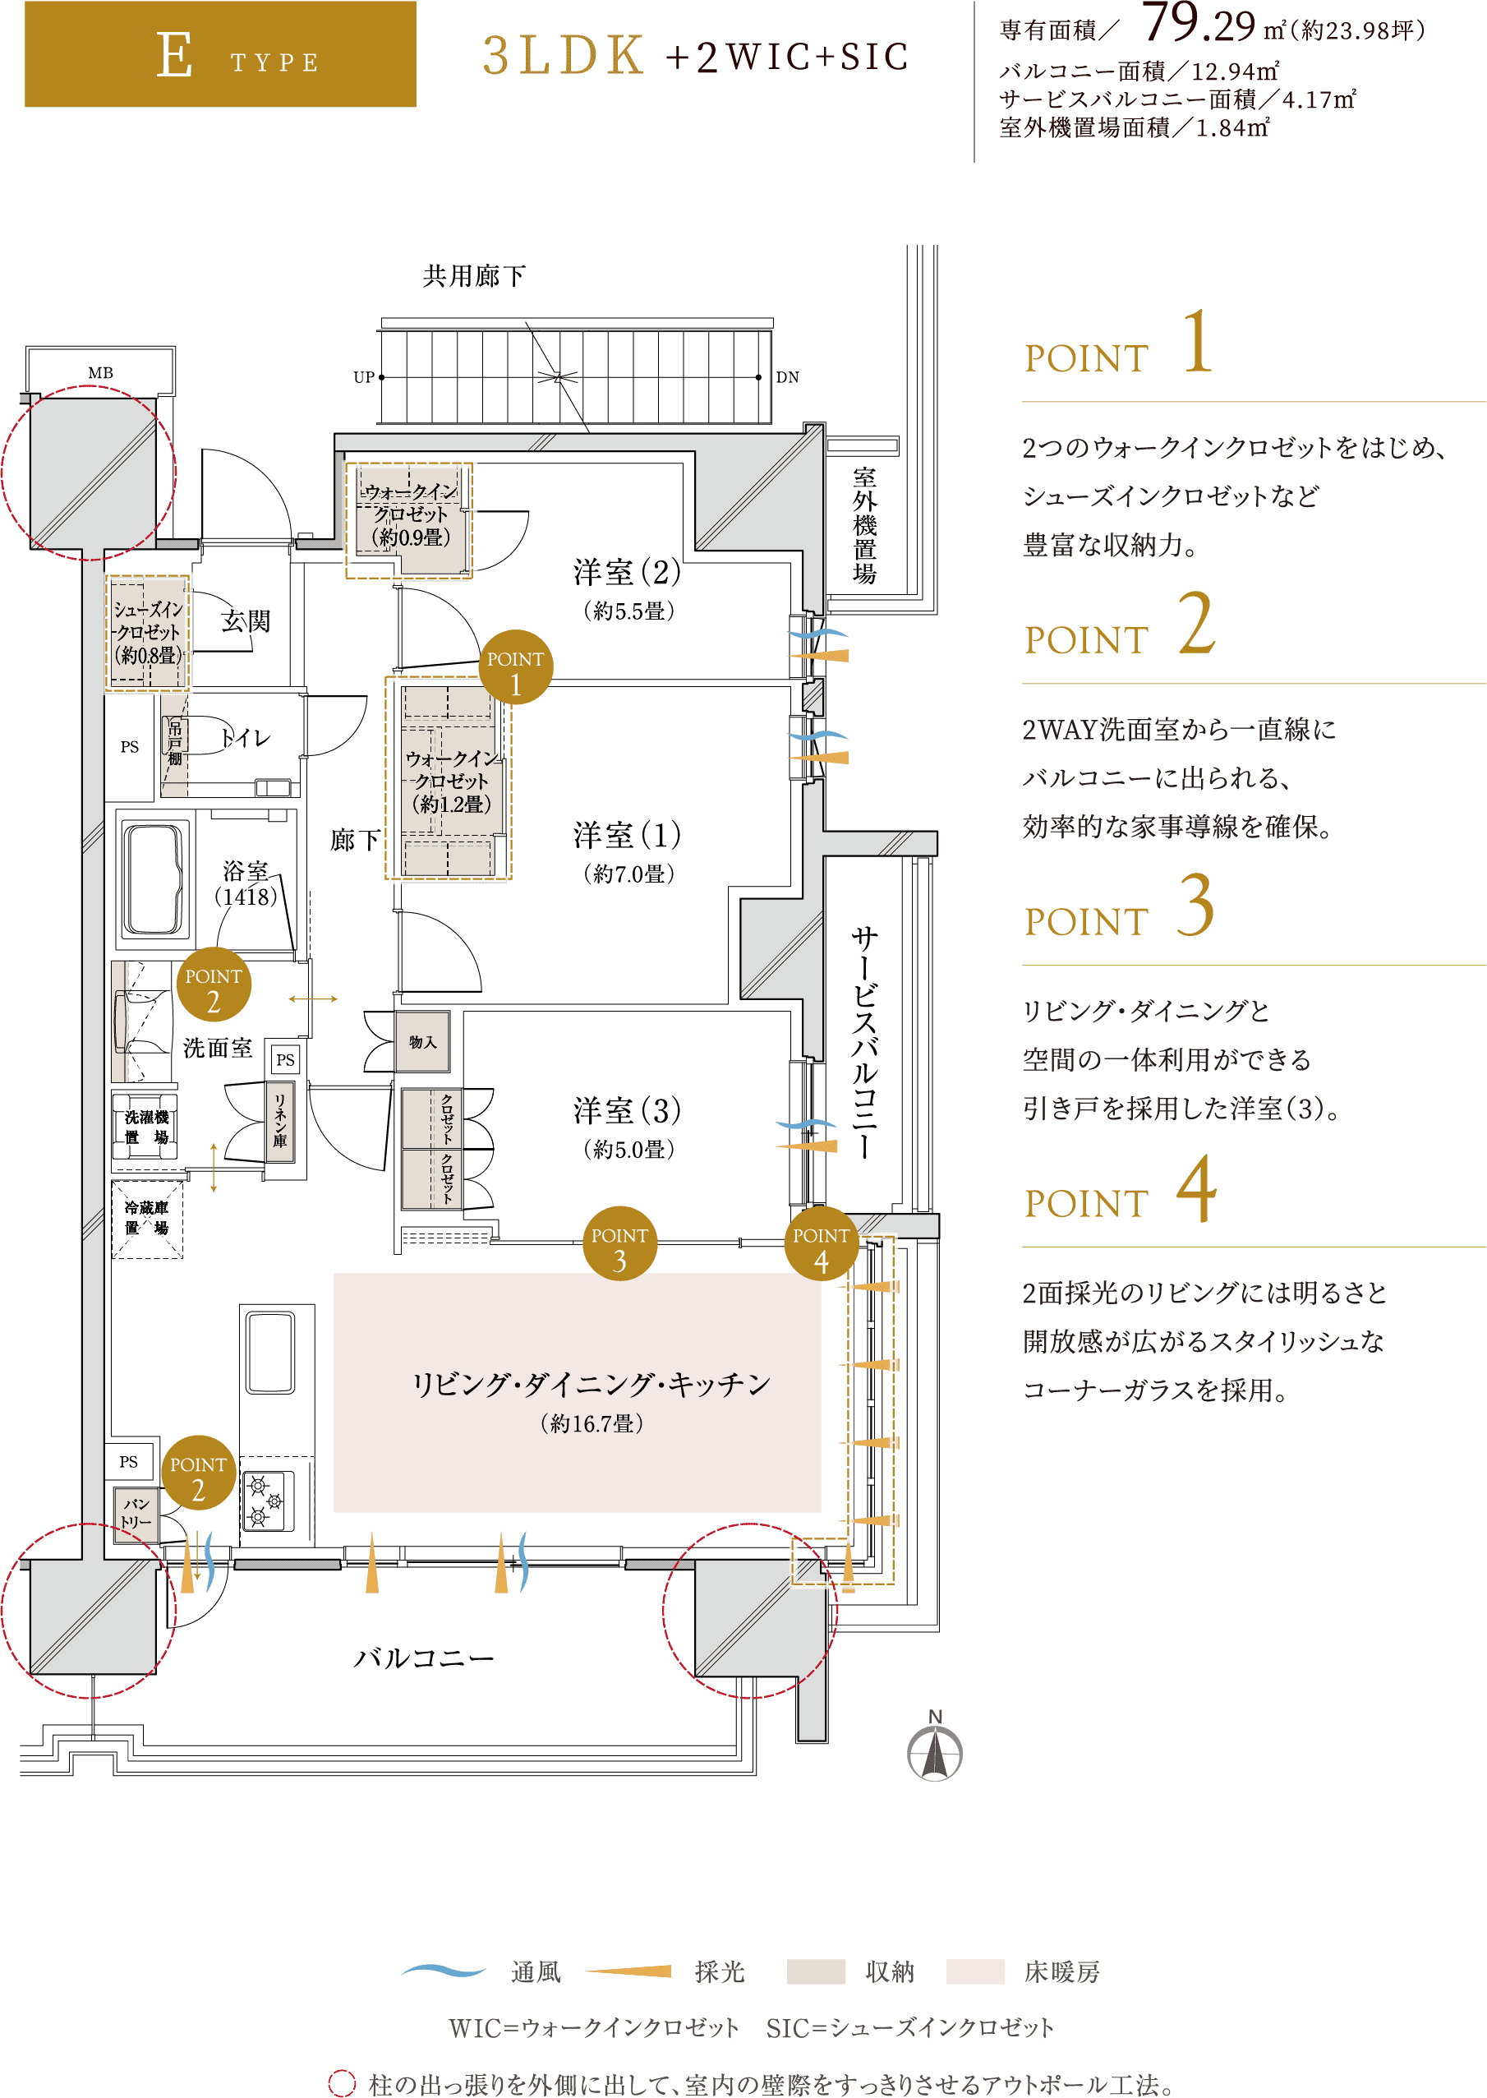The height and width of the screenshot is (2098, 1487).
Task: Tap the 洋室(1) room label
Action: tap(627, 835)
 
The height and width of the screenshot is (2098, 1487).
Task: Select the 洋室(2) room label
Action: tap(627, 572)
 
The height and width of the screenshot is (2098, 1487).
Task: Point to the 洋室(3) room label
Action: tap(627, 1111)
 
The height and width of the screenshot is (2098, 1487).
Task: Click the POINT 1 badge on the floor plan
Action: tap(515, 667)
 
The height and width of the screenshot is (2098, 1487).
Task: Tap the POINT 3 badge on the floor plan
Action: tap(620, 1243)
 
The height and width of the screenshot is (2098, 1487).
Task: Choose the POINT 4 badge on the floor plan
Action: tap(822, 1243)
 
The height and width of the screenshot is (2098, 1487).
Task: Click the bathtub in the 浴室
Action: tap(153, 879)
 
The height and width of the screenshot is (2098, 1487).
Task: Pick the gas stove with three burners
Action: tap(267, 1501)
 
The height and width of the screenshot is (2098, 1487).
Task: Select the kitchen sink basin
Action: tap(270, 1353)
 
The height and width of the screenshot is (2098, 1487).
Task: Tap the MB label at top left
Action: tap(101, 373)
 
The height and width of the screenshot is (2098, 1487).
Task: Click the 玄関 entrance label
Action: tap(246, 621)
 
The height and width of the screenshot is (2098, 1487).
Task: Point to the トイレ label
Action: tap(246, 738)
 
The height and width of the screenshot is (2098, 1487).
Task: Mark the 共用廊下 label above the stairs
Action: tap(474, 275)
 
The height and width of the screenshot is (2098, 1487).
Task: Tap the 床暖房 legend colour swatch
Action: tap(974, 1971)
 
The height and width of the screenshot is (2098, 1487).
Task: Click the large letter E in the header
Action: tap(174, 54)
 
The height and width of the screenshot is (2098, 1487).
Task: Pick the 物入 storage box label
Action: tap(422, 1041)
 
